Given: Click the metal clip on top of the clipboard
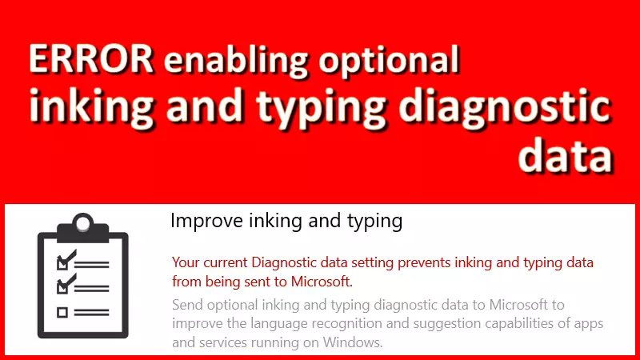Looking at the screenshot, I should (x=83, y=225).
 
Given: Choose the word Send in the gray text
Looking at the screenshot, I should (x=189, y=305).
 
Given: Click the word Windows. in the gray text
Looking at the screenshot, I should (x=350, y=343).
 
